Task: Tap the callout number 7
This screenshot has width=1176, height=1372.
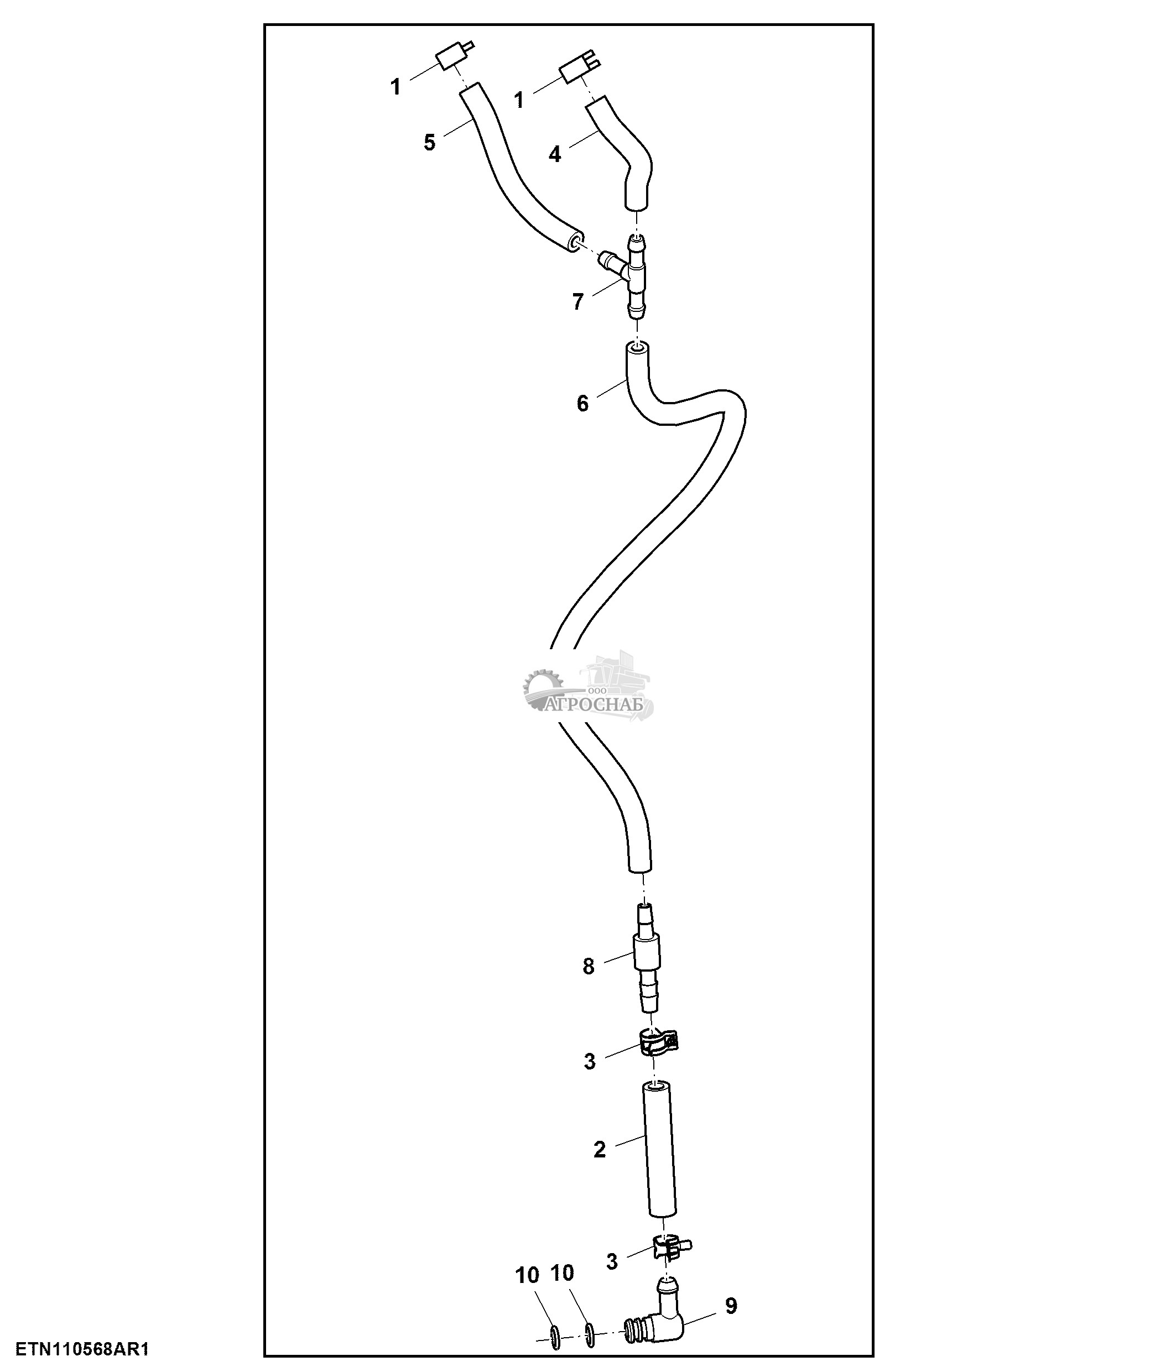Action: (x=577, y=302)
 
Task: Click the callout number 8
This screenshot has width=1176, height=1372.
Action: (x=589, y=966)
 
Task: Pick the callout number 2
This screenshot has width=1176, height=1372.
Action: (x=599, y=1150)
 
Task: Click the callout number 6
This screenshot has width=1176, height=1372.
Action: (x=582, y=403)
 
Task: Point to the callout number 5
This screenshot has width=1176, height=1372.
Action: (x=430, y=142)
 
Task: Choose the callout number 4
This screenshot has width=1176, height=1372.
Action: (x=555, y=154)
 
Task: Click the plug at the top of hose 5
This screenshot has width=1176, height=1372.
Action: (x=451, y=58)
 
